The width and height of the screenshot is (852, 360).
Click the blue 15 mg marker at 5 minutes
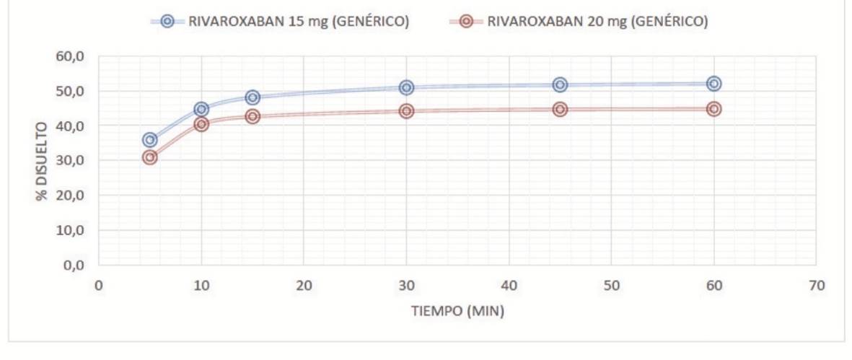click(149, 139)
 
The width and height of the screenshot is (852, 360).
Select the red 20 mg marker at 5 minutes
click(149, 157)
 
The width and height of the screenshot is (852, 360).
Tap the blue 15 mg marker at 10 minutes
click(201, 109)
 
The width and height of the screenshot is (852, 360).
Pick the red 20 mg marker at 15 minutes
click(252, 116)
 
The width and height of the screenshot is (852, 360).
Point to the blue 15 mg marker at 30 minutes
click(406, 87)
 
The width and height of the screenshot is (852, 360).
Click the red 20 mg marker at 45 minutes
click(560, 109)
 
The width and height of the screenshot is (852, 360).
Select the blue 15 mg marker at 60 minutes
click(714, 84)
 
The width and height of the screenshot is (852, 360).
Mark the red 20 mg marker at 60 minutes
click(714, 109)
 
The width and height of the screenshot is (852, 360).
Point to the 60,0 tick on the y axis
click(71, 56)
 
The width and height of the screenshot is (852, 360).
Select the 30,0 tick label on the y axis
click(71, 161)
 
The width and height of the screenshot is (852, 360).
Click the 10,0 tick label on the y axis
click(71, 231)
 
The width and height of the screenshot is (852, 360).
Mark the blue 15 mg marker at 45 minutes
click(560, 84)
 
